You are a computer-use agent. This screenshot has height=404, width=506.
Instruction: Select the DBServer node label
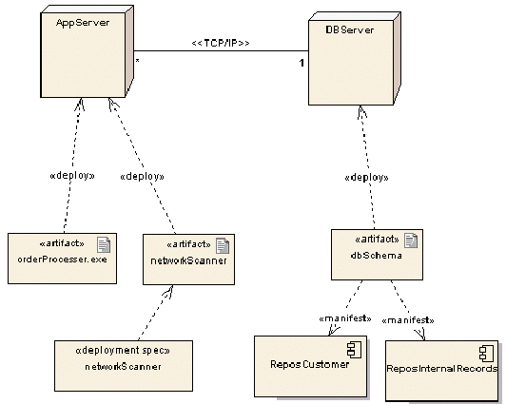pos(349,31)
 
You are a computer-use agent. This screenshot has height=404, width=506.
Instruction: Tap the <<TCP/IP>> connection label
pos(221,44)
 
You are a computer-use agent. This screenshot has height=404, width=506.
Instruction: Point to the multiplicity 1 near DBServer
pos(302,63)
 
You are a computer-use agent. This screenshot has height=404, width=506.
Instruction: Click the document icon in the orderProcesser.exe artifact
pos(103,244)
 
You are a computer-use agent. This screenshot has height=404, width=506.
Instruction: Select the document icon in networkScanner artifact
pos(222,244)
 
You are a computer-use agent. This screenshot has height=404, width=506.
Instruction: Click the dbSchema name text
pos(370,255)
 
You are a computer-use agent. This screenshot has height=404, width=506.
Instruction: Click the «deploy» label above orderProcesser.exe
pos(71,176)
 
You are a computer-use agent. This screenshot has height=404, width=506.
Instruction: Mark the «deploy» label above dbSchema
pos(368,177)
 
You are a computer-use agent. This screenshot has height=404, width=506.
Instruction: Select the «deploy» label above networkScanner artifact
pos(143,176)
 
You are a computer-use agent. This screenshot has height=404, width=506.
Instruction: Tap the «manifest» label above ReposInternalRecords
pos(408,320)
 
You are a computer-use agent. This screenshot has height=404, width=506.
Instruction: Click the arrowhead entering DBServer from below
pos(362,111)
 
